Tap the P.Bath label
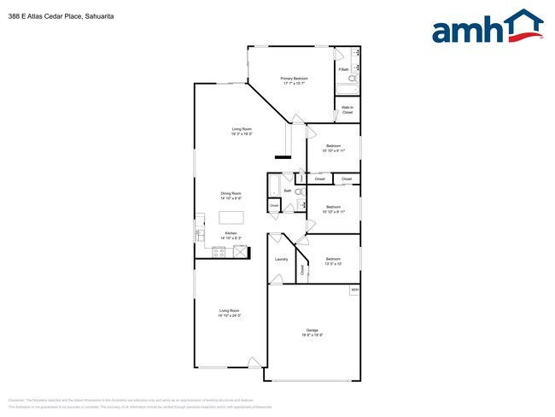coord(343,69)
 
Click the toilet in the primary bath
coord(354,79)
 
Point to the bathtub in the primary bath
coord(346,89)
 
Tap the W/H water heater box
coord(353,291)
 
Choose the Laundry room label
coord(281,260)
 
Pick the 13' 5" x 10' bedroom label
coord(332,261)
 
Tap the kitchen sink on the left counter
coord(200,232)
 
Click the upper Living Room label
coord(241,131)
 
